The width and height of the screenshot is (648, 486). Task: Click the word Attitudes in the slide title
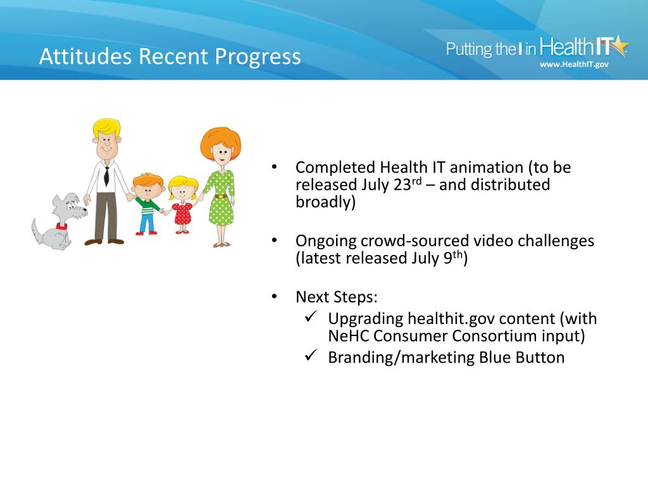point(86,56)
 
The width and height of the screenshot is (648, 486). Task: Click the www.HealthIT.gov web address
point(574,64)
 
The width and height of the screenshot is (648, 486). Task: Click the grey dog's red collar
point(62,227)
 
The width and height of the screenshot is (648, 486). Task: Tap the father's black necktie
point(106,176)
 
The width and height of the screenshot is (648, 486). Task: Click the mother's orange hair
point(220,140)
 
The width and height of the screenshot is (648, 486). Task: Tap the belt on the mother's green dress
point(221,196)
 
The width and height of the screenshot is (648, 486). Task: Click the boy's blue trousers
point(147,223)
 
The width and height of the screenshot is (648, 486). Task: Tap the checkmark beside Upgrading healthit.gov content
point(311,316)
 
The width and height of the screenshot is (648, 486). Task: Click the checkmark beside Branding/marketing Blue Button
point(311,355)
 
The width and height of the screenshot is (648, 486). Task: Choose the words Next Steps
point(337,297)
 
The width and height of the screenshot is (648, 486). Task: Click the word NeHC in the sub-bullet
point(349,336)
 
